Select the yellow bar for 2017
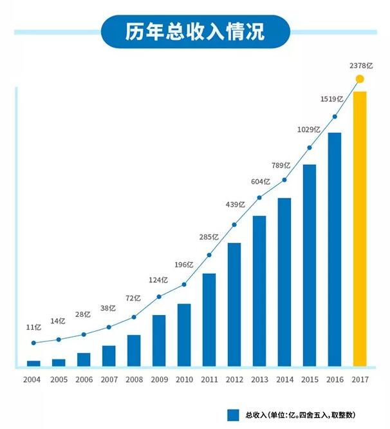click(x=360, y=229)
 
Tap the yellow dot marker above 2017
click(x=360, y=79)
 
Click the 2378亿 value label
click(x=360, y=66)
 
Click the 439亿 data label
click(x=234, y=204)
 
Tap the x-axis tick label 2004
click(x=33, y=380)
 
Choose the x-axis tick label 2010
click(x=184, y=380)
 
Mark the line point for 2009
click(x=159, y=296)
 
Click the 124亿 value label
click(x=158, y=280)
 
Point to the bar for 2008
click(x=134, y=351)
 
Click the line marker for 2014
click(x=284, y=180)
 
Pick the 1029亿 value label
click(x=309, y=130)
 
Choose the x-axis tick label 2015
click(x=310, y=380)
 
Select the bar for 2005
click(x=59, y=363)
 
